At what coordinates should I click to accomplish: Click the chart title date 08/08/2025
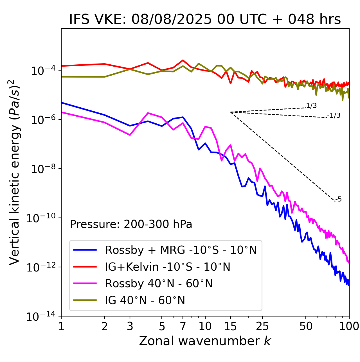tap(171, 19)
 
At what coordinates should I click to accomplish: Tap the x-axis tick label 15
tap(230, 326)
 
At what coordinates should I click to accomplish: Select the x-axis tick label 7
tap(183, 326)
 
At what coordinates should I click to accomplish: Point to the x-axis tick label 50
tap(306, 326)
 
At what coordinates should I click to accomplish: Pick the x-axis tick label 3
tap(130, 326)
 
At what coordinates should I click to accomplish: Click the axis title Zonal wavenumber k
tap(205, 341)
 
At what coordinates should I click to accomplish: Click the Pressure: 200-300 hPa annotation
tap(131, 224)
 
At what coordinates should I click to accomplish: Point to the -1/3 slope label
tap(334, 115)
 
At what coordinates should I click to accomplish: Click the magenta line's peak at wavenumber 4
tap(148, 113)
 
